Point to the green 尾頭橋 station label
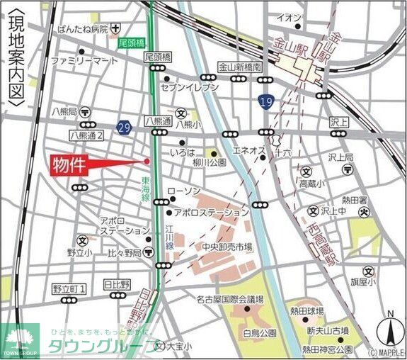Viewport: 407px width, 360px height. coord(131,43)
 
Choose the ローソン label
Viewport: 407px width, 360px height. coord(188,192)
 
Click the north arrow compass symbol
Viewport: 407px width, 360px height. coord(389,327)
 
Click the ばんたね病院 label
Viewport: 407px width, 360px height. coord(83,29)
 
